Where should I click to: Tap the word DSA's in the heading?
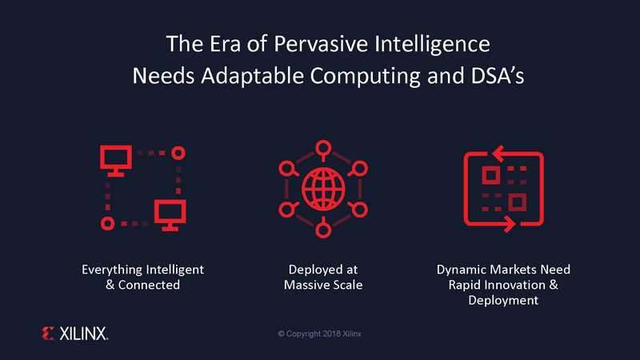pos(497,75)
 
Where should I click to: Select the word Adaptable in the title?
pos(252,76)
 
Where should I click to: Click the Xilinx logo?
pos(74,334)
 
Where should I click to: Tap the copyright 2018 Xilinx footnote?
pos(319,334)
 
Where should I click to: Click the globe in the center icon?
pos(323,190)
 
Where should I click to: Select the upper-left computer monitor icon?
pos(116,161)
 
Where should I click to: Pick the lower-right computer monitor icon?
pos(170,215)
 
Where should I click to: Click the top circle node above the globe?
pos(323,148)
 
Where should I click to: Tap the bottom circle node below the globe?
pos(323,231)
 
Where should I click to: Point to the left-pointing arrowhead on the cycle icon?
pos(498,154)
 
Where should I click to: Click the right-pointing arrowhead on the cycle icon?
pos(509,224)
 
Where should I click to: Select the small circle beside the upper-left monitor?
pos(178,153)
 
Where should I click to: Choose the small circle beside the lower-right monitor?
pos(108,224)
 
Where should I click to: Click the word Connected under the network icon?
pos(149,285)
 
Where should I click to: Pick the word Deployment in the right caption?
pos(503,301)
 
